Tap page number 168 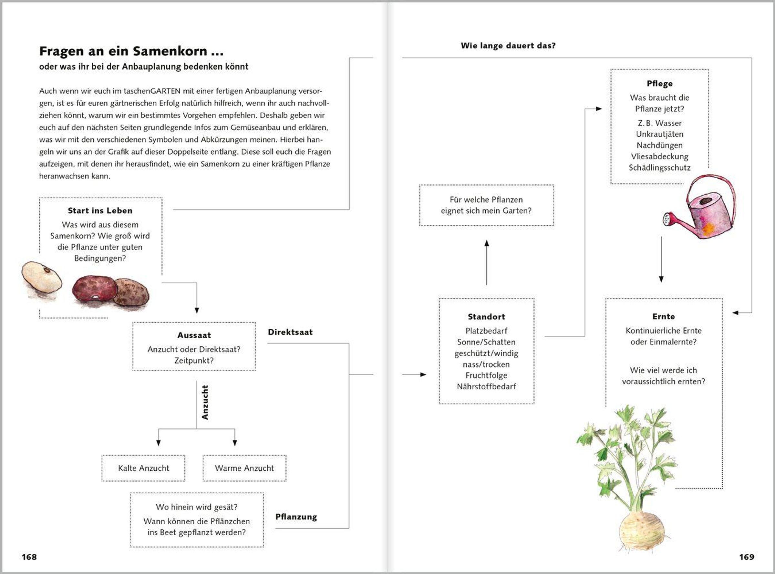29,557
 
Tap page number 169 747,557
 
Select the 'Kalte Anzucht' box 143,468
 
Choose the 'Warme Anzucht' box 244,468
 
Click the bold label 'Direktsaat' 290,332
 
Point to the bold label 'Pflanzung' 296,517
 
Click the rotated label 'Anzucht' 205,402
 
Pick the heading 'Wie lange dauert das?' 508,46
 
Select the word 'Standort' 486,316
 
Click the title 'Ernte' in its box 664,316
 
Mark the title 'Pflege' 659,83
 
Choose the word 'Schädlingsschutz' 659,168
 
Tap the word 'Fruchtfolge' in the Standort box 486,375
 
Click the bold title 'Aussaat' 194,335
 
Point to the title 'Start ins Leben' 100,210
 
